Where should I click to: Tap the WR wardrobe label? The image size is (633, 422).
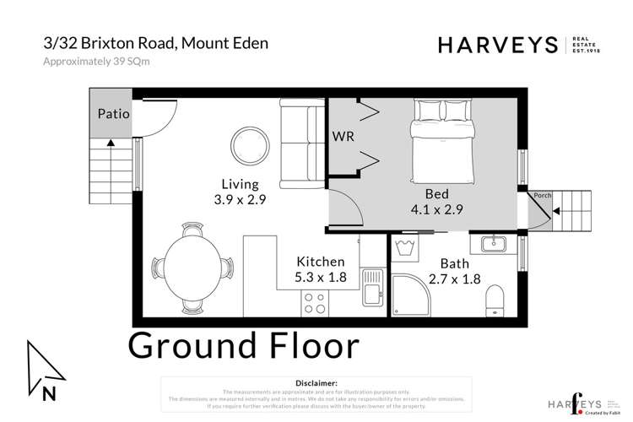343,135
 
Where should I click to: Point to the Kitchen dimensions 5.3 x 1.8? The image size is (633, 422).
320,276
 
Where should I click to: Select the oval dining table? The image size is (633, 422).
193,264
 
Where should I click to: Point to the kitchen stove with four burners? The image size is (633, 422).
315,300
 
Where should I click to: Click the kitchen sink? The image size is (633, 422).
372,287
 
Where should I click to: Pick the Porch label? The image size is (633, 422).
542,196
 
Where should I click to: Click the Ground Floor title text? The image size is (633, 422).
243,346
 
